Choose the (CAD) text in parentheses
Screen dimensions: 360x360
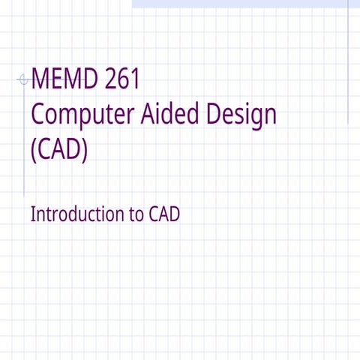[59, 149]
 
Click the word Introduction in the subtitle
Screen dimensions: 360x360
[76, 214]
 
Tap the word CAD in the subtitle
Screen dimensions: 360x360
[164, 214]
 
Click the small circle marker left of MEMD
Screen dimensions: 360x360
[22, 79]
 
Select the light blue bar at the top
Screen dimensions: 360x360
[240, 4]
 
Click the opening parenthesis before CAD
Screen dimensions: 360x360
[34, 150]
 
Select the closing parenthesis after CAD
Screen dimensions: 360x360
[85, 150]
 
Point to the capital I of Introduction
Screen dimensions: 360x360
[32, 214]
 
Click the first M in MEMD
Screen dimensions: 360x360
[40, 79]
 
